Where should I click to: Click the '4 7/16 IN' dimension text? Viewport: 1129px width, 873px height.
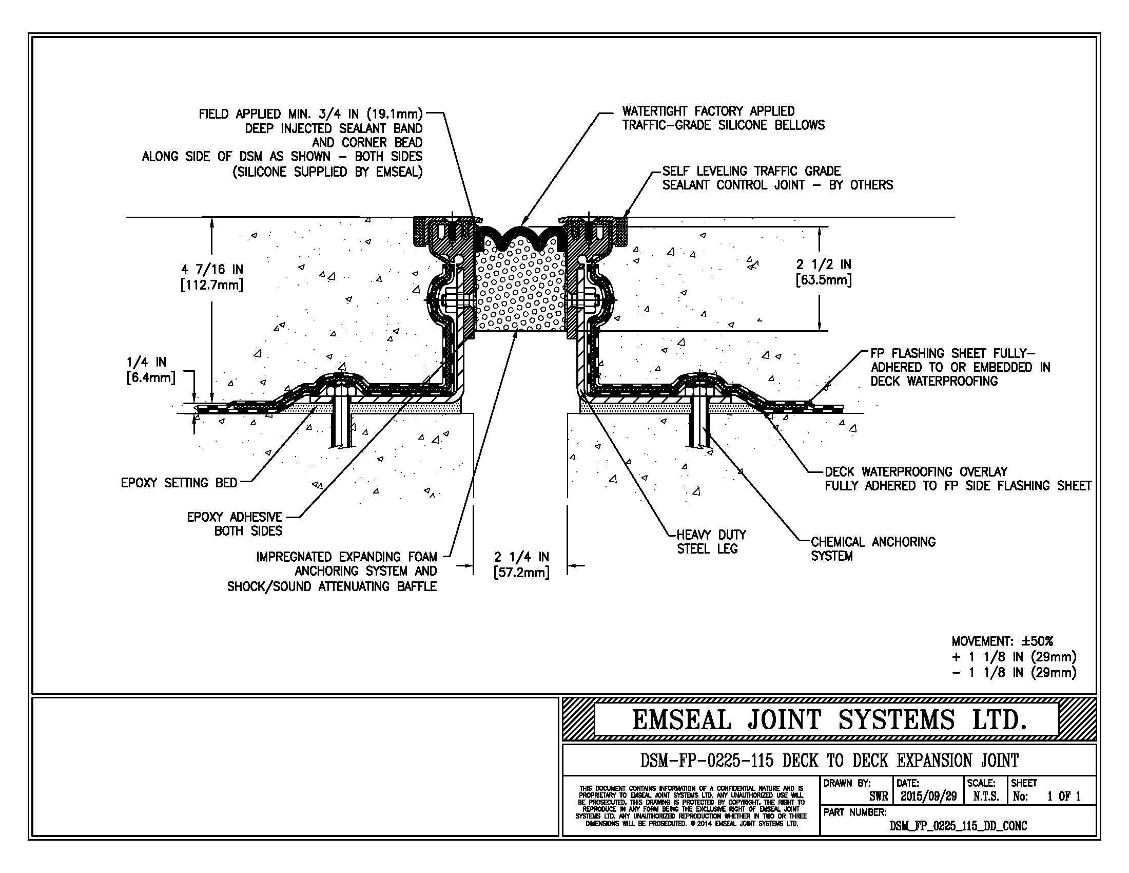coord(211,270)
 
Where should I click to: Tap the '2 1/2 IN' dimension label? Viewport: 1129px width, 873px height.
coord(824,265)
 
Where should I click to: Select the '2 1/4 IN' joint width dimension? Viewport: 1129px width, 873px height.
coord(521,557)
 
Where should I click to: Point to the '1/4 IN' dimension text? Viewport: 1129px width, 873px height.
coord(146,362)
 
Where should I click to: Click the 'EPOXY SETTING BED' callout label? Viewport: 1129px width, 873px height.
coord(179,483)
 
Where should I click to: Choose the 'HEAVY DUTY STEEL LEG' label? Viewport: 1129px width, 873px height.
coord(711,542)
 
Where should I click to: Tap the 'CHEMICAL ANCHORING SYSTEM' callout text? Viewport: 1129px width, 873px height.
coord(872,549)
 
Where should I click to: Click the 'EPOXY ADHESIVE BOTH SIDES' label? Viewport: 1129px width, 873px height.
coord(235,524)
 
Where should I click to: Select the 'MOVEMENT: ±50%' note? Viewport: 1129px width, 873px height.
coord(1002,641)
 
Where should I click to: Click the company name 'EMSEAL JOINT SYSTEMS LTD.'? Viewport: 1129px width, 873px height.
coord(829,719)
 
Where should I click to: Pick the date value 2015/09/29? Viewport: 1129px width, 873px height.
coord(928,796)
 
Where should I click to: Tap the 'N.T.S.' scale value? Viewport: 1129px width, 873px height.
coord(986,796)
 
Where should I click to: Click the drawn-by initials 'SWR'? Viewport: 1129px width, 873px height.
coord(878,796)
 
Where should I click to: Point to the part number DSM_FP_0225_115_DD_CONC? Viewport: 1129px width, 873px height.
coord(958,826)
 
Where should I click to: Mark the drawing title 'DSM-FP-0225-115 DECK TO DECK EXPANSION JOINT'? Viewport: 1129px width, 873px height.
coord(829,761)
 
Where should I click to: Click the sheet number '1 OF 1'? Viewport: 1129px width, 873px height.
coord(1063,796)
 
